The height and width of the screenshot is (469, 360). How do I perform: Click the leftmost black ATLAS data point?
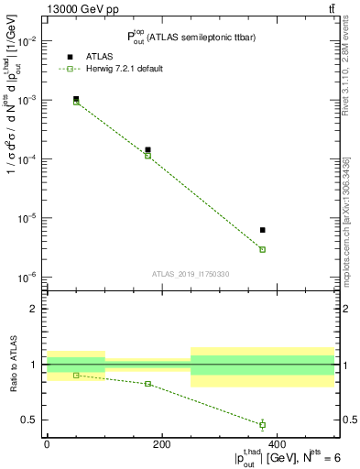point(76,99)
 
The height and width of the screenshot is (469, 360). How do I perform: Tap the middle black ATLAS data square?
point(147,149)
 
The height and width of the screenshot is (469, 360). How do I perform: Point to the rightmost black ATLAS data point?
point(263,230)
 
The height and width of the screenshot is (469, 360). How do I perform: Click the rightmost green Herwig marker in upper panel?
point(263,249)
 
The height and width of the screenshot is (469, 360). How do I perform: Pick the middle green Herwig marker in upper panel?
point(147,156)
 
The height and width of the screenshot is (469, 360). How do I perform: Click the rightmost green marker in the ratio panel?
point(263,424)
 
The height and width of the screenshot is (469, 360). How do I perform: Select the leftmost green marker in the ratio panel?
point(76,376)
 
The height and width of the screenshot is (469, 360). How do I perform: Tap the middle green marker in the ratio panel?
point(147,384)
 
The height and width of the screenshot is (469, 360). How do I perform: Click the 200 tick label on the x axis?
point(161,444)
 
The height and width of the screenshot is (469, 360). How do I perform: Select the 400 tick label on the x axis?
point(277,444)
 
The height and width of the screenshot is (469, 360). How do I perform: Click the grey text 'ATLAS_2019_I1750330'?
point(191,274)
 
